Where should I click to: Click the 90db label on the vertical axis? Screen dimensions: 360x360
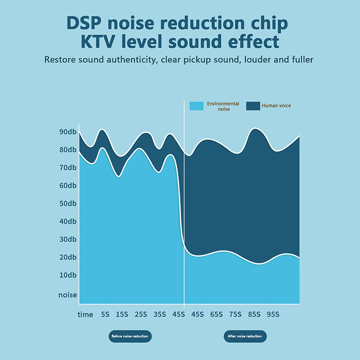pos(68,132)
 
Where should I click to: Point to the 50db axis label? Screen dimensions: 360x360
pos(68,203)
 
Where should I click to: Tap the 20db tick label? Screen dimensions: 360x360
pos(68,257)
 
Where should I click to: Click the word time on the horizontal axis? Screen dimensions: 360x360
pos(85,315)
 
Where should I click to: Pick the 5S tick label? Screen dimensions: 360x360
pos(105,315)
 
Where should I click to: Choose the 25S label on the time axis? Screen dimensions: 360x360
pos(141,315)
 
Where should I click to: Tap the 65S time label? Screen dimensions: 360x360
pos(216,315)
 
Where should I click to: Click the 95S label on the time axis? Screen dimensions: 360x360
pos(273,315)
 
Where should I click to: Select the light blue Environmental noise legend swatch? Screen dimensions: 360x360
pos(196,106)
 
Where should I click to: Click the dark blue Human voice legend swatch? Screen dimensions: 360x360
pos(253,106)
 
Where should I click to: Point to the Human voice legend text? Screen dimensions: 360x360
pos(276,106)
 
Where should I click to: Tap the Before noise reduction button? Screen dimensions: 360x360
pos(130,336)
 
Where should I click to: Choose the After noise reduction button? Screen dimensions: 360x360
pos(245,336)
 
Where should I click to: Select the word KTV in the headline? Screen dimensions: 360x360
pos(101,42)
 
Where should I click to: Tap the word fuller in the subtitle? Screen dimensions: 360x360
pos(300,59)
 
